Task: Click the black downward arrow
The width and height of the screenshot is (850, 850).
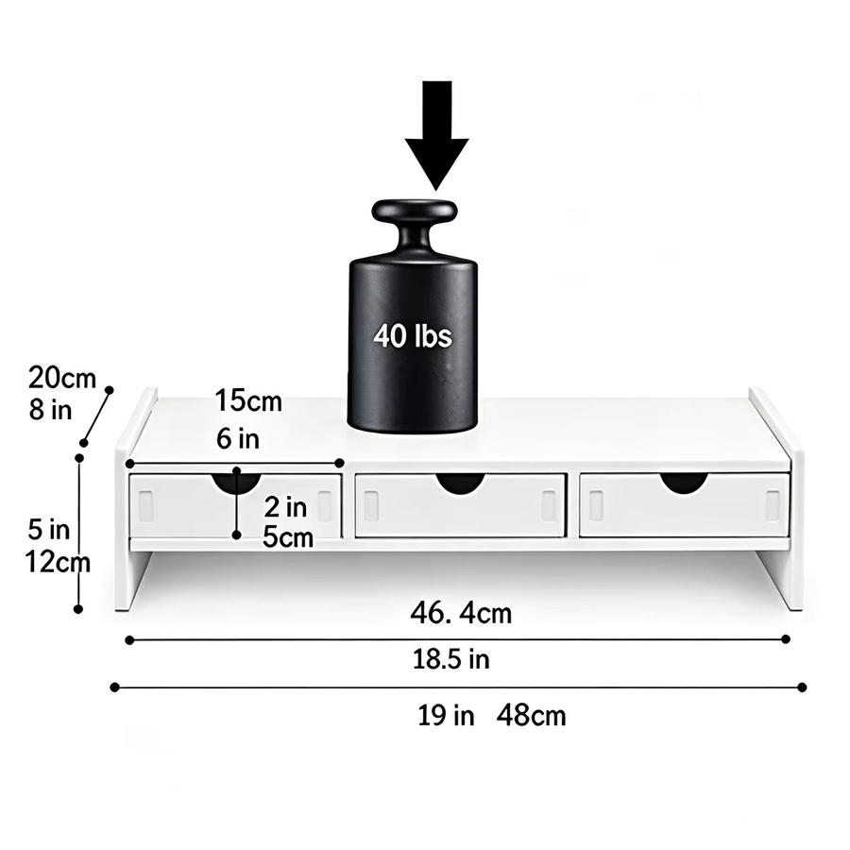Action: click(x=437, y=135)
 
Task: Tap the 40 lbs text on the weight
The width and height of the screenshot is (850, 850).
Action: click(x=413, y=335)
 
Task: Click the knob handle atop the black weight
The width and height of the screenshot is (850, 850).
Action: click(x=415, y=228)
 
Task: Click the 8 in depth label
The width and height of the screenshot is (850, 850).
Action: click(x=50, y=410)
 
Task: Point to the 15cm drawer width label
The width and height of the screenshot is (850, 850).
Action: click(x=248, y=401)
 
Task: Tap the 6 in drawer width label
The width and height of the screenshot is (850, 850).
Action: click(x=238, y=438)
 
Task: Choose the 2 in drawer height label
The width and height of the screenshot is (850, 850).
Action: click(x=285, y=507)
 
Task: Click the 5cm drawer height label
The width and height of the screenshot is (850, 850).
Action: click(x=288, y=537)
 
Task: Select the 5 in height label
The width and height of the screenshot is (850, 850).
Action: click(x=49, y=529)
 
